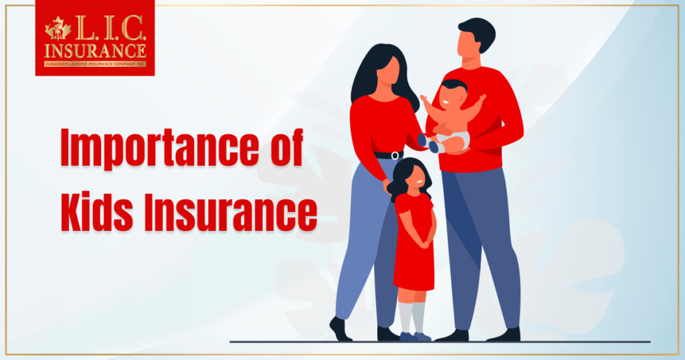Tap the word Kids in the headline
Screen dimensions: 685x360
97,211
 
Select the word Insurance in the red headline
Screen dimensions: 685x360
231,211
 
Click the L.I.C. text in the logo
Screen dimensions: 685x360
110,29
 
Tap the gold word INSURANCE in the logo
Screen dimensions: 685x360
95,51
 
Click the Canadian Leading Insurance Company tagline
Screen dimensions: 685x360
95,64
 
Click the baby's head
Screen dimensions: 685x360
453,92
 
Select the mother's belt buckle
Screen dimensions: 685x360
395,155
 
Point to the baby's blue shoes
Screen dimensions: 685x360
427,144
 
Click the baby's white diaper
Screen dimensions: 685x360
454,141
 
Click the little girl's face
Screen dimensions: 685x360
417,175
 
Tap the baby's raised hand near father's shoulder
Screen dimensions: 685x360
482,98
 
